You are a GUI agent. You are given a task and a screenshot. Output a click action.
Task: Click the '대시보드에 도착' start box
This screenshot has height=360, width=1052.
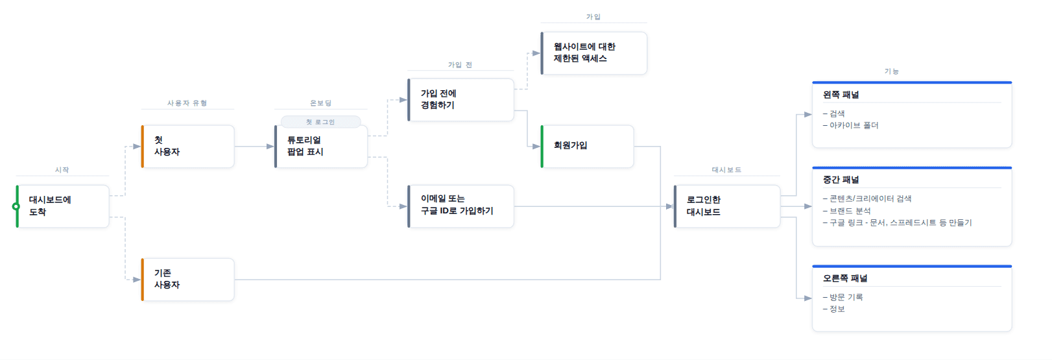[62, 206]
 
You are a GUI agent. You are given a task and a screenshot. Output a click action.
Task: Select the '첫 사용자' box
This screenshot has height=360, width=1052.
[188, 147]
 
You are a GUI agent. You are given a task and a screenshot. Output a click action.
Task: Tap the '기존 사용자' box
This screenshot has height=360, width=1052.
[188, 280]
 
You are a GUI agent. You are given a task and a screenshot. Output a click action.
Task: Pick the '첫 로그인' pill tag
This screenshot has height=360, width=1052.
[320, 122]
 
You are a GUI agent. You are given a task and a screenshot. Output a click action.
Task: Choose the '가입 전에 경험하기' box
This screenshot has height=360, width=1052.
[460, 100]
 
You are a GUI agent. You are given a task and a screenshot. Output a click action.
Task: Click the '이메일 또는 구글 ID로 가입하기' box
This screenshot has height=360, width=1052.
[460, 206]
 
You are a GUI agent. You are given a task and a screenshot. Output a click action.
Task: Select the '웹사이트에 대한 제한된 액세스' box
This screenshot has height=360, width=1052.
[593, 53]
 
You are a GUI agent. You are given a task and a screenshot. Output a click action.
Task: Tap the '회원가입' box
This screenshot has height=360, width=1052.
[587, 147]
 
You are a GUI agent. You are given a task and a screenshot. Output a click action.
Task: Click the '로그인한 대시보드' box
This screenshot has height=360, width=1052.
[726, 206]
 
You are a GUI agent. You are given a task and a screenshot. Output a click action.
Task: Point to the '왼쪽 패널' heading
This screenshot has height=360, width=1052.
[841, 95]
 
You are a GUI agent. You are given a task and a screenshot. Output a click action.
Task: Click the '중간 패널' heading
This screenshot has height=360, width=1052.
[841, 180]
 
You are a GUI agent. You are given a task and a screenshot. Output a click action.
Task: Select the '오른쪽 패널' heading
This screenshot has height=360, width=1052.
[845, 278]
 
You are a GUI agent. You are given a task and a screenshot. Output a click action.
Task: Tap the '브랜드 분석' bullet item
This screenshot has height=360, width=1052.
[850, 211]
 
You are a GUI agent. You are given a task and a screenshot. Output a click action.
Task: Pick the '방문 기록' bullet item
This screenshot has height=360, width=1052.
[846, 297]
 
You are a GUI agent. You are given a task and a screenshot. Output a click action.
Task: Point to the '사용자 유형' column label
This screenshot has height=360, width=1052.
[187, 103]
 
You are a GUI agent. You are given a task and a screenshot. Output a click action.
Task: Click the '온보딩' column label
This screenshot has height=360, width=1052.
[320, 103]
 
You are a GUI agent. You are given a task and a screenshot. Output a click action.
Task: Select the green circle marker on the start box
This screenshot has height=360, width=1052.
[16, 206]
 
